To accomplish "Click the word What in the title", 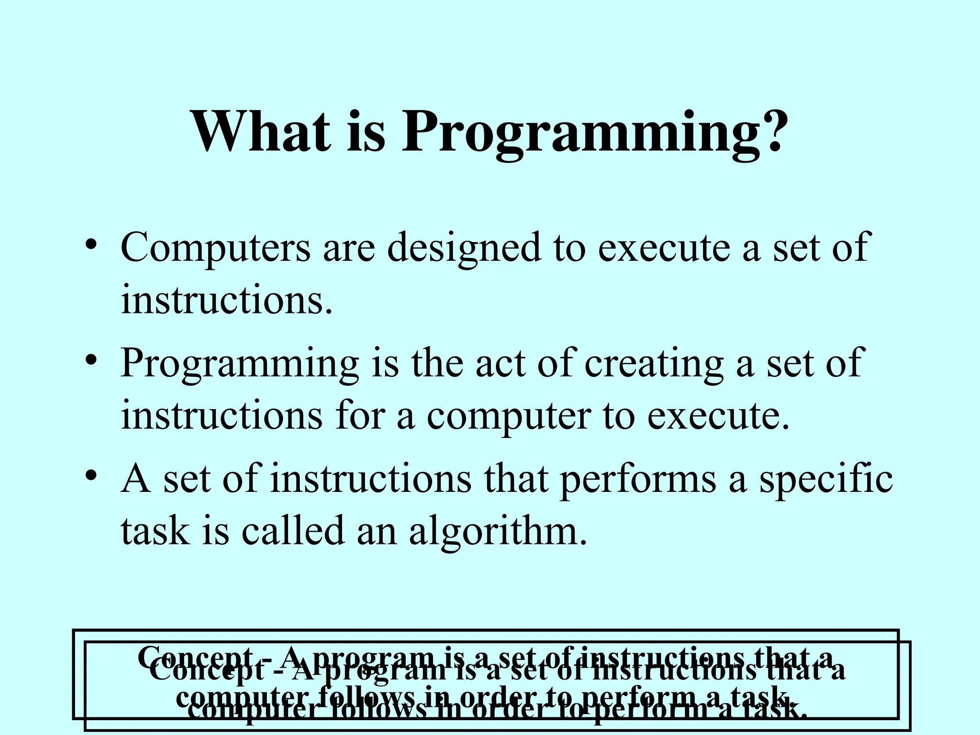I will pos(261,131).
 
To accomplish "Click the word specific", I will pos(826,480).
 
